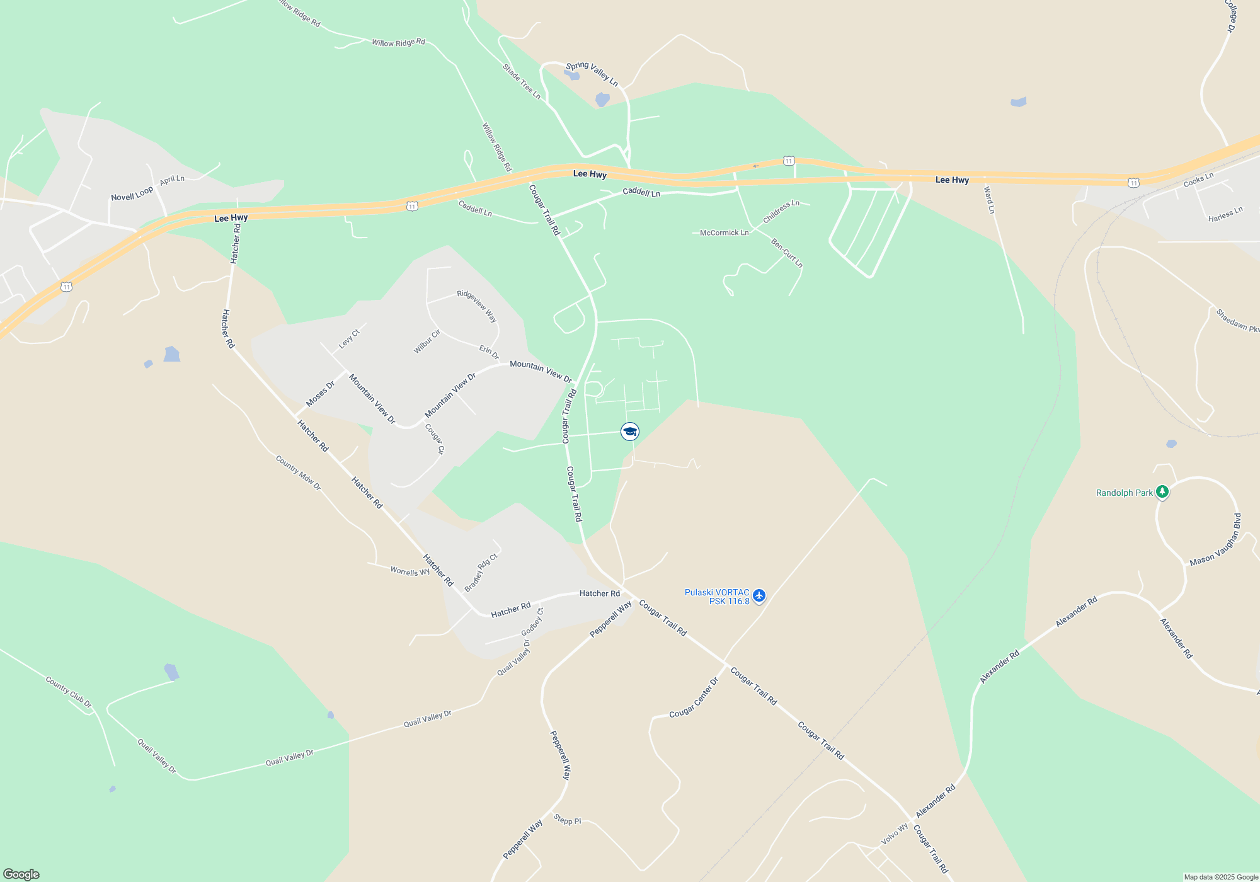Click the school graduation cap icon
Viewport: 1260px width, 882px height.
point(629,432)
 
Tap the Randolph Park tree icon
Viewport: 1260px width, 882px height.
point(1162,492)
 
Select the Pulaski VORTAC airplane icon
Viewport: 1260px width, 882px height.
point(759,595)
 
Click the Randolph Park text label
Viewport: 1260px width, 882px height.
point(1124,493)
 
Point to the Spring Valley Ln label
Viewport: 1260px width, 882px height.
point(592,74)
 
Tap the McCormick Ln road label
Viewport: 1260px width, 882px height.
point(724,233)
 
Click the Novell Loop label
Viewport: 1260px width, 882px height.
point(132,194)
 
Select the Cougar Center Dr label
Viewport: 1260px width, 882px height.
point(694,698)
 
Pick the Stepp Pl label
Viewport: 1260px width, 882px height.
point(567,820)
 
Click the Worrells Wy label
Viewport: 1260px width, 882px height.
point(409,571)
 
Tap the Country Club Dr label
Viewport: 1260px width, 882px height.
point(69,692)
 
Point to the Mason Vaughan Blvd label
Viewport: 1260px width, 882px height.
point(1215,540)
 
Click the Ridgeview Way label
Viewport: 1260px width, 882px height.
point(477,306)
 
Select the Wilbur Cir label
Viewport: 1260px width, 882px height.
point(427,341)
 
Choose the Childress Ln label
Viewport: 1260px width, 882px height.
point(781,212)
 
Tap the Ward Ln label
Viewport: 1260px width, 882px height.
point(989,200)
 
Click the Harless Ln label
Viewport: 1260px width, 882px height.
point(1225,214)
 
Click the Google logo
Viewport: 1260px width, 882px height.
point(21,874)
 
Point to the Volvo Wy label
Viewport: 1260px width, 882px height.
point(895,834)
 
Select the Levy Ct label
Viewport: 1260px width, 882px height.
point(349,339)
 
